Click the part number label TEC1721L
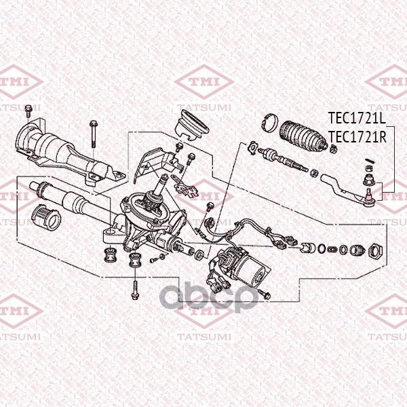coord(357,118)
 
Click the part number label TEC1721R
coord(357,137)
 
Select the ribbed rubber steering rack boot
coord(303,136)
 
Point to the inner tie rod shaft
coord(285,159)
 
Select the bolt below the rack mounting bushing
coord(135,290)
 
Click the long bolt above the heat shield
coord(93,134)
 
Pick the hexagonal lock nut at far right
coord(376,251)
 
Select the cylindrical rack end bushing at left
coord(46,218)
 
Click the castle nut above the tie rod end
coord(368,180)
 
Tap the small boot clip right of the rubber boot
coord(334,149)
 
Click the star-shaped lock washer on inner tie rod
coord(252,148)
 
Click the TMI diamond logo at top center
coord(204,82)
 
